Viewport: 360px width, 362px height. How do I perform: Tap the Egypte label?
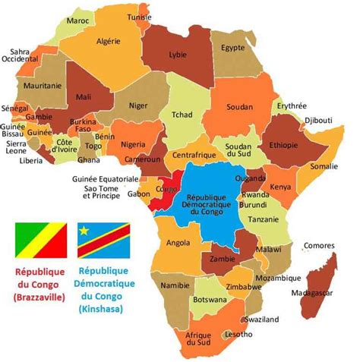pyautogui.click(x=232, y=47)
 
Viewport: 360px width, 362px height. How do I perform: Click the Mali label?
pyautogui.click(x=84, y=97)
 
